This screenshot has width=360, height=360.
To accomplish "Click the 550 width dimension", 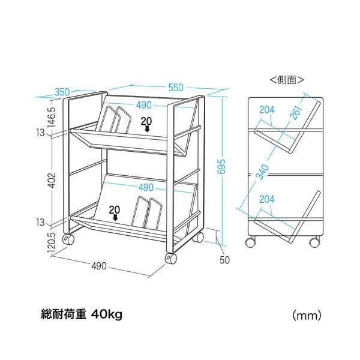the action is (176, 88).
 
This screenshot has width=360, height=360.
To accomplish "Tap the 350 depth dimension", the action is (62, 92).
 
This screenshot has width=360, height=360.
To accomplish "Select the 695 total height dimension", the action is (222, 166).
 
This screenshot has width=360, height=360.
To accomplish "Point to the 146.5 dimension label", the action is (52, 117).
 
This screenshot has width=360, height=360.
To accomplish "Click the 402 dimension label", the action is (52, 180).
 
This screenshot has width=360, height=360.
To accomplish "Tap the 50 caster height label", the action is (224, 260).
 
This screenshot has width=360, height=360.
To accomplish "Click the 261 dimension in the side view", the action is (296, 113).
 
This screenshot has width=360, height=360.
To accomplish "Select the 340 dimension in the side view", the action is (262, 172).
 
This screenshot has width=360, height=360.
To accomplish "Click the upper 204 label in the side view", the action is (267, 110).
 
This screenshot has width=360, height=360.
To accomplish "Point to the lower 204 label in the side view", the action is (267, 199).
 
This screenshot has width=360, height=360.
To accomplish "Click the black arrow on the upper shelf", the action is (147, 129).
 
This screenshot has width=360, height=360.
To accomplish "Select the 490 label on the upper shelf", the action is (144, 105).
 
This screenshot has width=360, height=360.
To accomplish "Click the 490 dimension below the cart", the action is (99, 266).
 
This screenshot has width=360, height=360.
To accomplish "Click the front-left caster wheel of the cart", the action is (171, 259).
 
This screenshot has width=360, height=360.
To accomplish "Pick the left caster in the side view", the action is (250, 242).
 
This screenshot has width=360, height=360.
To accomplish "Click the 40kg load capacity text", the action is (107, 315).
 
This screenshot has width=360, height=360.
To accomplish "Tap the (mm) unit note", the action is (307, 316).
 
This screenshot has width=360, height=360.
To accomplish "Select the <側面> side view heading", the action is (287, 80).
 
